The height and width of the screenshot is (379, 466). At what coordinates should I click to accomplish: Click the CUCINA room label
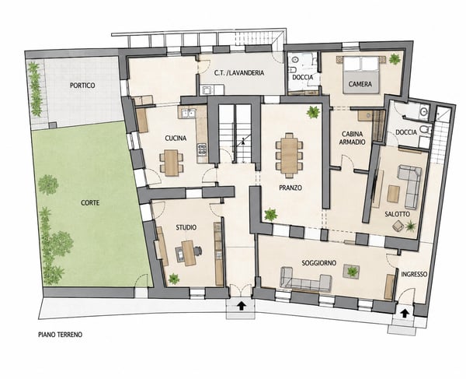pos(176,139)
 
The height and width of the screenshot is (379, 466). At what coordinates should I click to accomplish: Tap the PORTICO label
pos(82,86)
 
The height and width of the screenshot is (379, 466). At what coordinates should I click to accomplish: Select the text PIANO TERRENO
pos(61,335)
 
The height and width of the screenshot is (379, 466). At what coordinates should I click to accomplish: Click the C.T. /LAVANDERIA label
pos(239,72)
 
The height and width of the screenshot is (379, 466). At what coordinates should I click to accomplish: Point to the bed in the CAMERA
pos(361,75)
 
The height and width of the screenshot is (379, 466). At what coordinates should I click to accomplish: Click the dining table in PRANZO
pos(289,155)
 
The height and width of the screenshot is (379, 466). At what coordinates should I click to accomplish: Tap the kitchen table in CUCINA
pos(172,163)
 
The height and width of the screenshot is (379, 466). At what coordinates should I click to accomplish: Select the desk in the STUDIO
pos(189,253)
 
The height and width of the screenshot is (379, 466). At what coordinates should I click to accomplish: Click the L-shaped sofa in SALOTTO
pos(410,186)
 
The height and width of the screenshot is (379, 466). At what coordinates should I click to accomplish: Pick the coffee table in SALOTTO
pos(394,194)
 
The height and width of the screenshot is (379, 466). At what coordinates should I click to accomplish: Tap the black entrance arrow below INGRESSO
pos(404,313)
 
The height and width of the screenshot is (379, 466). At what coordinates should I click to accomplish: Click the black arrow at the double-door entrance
pos(242,306)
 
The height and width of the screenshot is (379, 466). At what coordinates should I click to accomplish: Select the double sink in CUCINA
pos(189,113)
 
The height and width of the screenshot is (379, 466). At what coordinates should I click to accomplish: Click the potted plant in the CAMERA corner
pos(395,58)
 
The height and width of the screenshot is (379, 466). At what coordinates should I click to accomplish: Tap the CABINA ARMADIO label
pos(352,139)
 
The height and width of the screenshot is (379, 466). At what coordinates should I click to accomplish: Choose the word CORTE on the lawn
pos(90,203)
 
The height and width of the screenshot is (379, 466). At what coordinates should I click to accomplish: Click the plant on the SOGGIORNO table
pos(352,272)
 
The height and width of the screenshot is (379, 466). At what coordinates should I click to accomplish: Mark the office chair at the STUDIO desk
pos(198,251)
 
